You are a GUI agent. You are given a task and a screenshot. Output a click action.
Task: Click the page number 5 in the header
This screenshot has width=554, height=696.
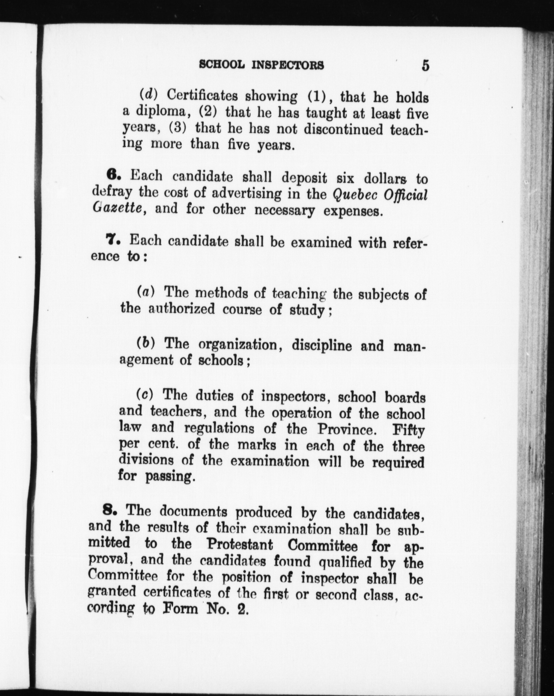pos(425,66)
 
